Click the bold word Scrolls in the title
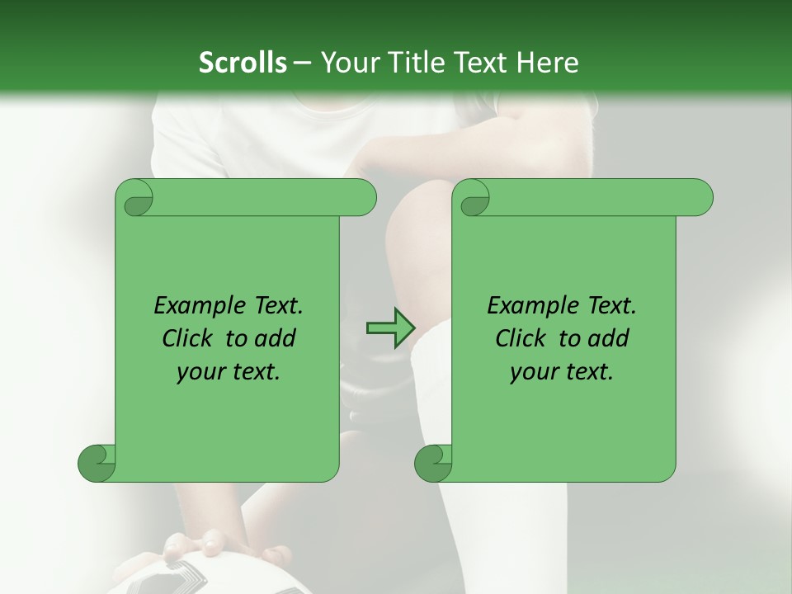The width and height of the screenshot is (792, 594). [x=243, y=63]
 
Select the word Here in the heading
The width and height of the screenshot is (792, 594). [x=547, y=63]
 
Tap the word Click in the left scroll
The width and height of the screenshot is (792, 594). [x=191, y=338]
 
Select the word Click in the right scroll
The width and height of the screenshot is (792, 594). [x=524, y=338]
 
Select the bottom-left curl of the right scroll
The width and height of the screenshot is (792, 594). [x=433, y=462]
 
